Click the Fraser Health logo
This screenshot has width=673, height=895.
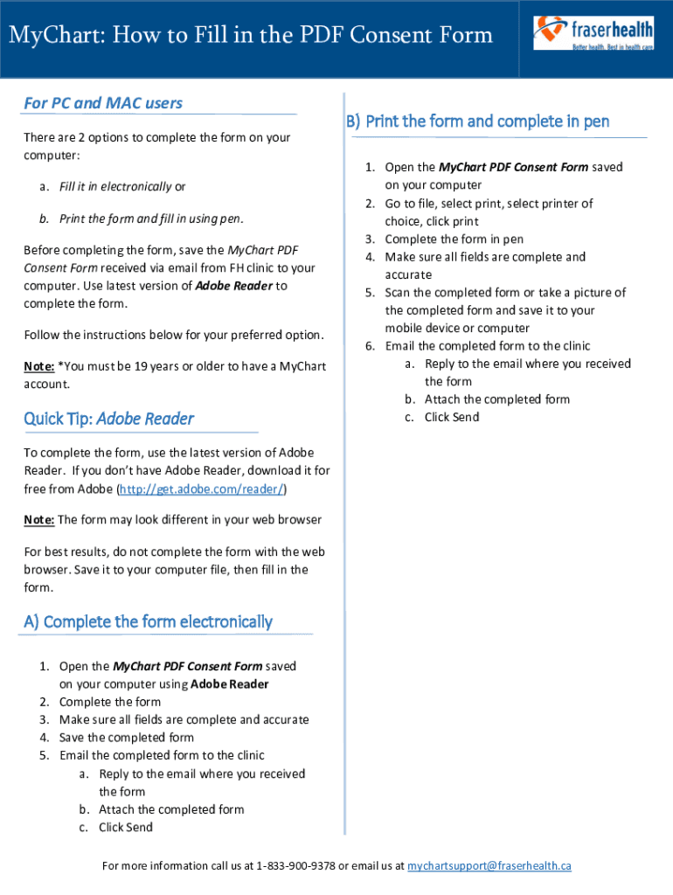(x=593, y=33)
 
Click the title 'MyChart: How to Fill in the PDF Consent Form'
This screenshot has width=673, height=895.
(x=251, y=35)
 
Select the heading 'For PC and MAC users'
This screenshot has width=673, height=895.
(x=103, y=103)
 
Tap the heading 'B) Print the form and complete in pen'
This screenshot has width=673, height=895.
(x=477, y=121)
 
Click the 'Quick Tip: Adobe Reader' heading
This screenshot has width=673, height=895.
(x=108, y=419)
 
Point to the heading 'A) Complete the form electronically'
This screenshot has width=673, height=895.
(x=148, y=621)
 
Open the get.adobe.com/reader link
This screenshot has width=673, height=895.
(x=202, y=488)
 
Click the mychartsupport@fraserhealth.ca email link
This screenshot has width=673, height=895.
(x=489, y=866)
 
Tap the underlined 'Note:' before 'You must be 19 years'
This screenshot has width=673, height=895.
(x=39, y=366)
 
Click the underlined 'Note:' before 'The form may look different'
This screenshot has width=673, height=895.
(x=39, y=520)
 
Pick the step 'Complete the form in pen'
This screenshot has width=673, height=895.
(x=454, y=239)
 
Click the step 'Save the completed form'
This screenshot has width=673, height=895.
(x=127, y=738)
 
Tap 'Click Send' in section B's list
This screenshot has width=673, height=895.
(x=452, y=418)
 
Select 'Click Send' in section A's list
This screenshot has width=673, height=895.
(x=126, y=828)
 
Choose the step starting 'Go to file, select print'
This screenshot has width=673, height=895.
(x=489, y=204)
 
